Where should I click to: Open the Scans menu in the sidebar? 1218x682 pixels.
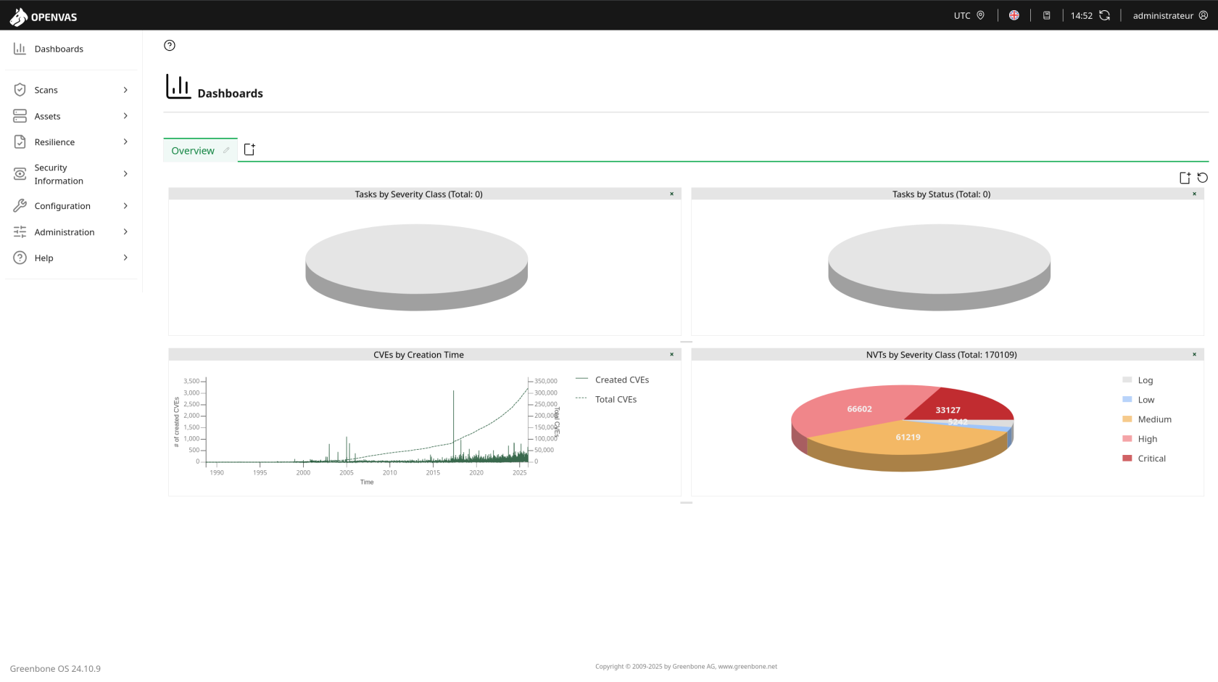point(46,90)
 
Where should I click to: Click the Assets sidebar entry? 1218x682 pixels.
point(47,116)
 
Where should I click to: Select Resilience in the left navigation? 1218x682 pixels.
point(54,142)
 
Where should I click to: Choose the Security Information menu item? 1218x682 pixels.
point(58,174)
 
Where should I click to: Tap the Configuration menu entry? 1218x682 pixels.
point(62,206)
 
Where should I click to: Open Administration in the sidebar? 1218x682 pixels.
point(64,232)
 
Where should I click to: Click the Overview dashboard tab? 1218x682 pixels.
point(193,151)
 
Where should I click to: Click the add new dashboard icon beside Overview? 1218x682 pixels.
point(249,149)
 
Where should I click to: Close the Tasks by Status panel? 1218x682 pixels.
point(1194,194)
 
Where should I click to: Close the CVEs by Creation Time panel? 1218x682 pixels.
point(671,355)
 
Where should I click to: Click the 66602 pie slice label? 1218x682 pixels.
point(859,409)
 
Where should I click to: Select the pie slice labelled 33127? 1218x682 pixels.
point(948,410)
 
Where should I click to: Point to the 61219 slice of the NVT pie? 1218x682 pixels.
point(908,437)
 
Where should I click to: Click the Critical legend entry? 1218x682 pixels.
point(1151,459)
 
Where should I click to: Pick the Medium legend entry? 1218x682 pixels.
point(1154,419)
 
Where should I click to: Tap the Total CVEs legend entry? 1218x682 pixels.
point(616,400)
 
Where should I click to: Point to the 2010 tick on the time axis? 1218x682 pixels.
point(390,472)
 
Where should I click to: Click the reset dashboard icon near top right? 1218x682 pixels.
point(1203,178)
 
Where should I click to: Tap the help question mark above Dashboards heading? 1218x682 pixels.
point(170,46)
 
